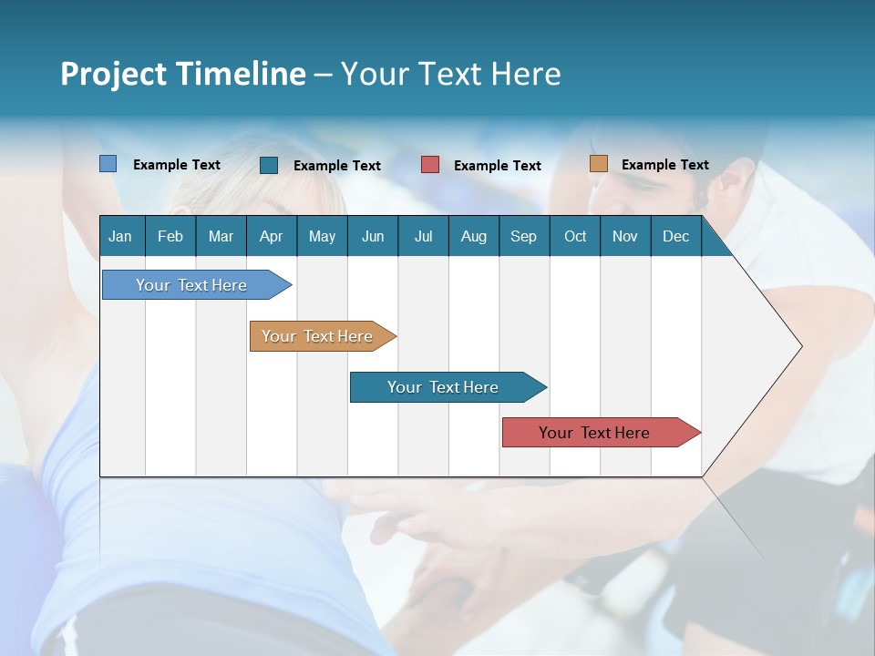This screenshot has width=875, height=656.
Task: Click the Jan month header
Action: [x=120, y=236]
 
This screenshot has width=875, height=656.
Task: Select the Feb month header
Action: [x=170, y=236]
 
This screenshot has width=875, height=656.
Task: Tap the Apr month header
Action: [x=271, y=236]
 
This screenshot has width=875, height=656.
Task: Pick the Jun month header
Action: [x=373, y=236]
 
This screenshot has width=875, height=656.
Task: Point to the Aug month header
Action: [x=473, y=236]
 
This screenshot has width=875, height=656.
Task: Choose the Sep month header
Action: [x=523, y=236]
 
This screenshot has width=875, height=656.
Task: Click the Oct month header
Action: [x=575, y=236]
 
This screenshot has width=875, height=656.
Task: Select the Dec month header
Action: [x=675, y=236]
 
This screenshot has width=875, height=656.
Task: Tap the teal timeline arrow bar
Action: [x=444, y=387]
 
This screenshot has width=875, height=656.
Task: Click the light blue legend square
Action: [x=108, y=164]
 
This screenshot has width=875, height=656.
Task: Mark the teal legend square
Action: [x=269, y=165]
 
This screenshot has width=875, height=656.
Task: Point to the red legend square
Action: [x=430, y=165]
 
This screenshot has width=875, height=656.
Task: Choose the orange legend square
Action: [x=598, y=164]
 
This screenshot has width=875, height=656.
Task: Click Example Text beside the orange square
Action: [x=664, y=165]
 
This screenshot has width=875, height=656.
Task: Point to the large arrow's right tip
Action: [x=799, y=346]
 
